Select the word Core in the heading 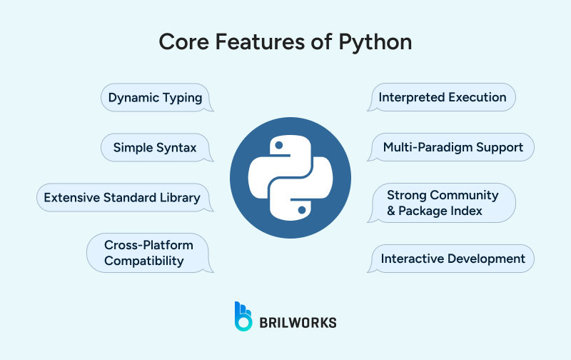181,41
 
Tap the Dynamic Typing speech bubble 155,98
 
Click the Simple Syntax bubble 155,148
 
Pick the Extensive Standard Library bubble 122,198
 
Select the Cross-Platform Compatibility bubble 149,252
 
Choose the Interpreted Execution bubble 443,98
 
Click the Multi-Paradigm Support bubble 453,148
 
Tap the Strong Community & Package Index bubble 443,202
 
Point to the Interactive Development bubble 453,259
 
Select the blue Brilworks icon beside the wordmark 243,316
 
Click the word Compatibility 144,261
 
